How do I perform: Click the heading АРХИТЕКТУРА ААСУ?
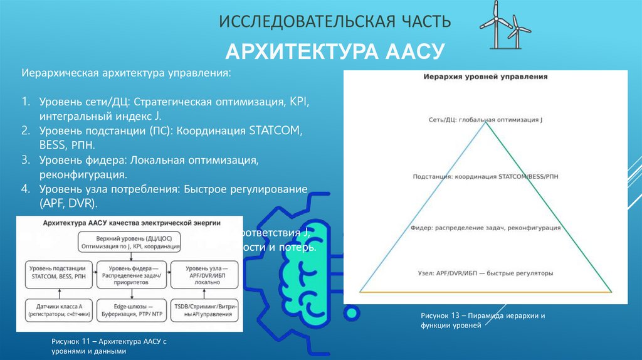click(x=335, y=51)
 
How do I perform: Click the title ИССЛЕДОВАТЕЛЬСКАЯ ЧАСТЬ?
click(x=335, y=23)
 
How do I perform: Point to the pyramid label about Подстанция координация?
click(x=485, y=177)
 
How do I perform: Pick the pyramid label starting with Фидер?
click(x=485, y=228)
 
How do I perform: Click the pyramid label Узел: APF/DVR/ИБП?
click(x=485, y=273)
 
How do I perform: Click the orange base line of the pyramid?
click(x=485, y=292)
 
